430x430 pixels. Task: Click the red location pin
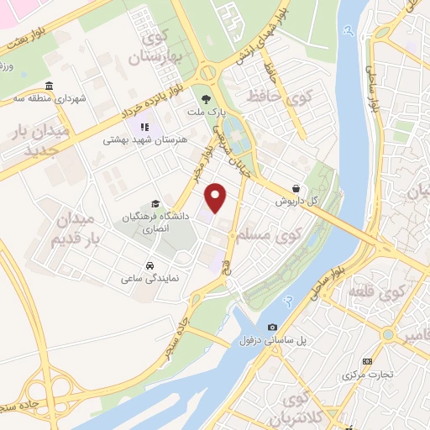point(217,197)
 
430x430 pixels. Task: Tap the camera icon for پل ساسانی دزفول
point(271,328)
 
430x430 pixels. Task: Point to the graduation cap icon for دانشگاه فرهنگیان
point(154,203)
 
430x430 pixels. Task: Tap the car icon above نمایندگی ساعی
point(149,265)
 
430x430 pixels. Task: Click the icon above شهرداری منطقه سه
point(49,87)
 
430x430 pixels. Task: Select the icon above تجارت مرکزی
point(366,361)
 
